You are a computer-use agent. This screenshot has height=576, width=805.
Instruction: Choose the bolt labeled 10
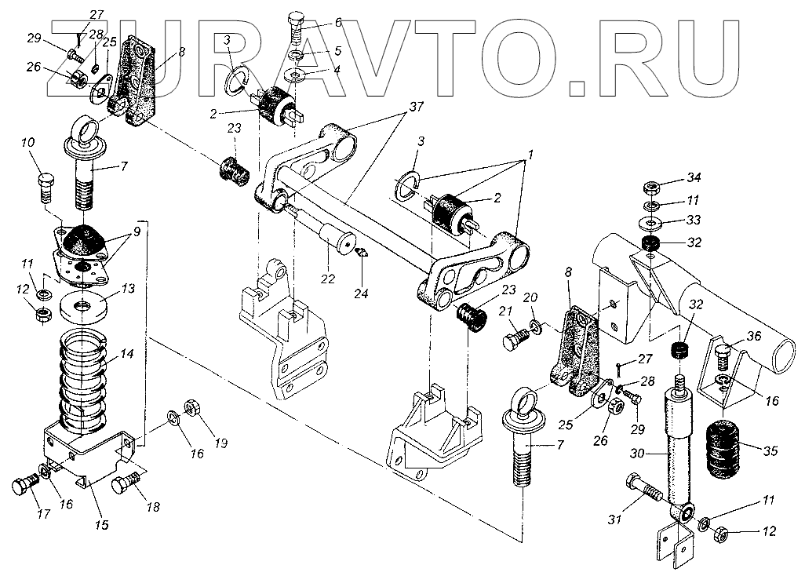45,185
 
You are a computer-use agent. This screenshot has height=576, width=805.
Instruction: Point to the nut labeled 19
191,408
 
